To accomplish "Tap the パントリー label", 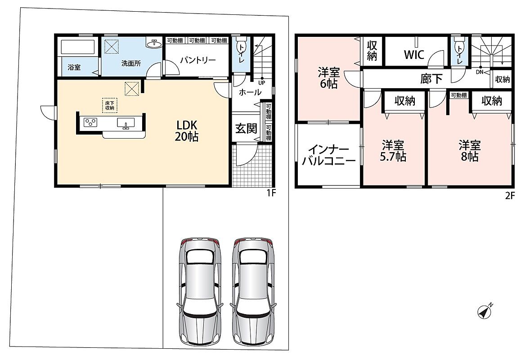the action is pyautogui.click(x=198, y=60).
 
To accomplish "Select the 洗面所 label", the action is pyautogui.click(x=131, y=63).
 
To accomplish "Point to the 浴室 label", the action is pyautogui.click(x=74, y=67).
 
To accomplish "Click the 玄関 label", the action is pyautogui.click(x=246, y=129).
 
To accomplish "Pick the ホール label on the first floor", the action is pyautogui.click(x=250, y=92).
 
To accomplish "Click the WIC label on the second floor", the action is pyautogui.click(x=414, y=54).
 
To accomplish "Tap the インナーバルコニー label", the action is pyautogui.click(x=328, y=155).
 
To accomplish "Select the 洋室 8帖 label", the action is pyautogui.click(x=469, y=151).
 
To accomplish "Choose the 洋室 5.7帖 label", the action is pyautogui.click(x=393, y=151).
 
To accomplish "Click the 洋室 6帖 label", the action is pyautogui.click(x=329, y=78).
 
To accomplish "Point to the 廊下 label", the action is pyautogui.click(x=431, y=79).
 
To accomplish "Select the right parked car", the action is pyautogui.click(x=253, y=291).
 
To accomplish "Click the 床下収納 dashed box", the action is pyautogui.click(x=109, y=105).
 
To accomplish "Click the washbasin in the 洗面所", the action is pyautogui.click(x=154, y=43).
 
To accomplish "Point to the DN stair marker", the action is pyautogui.click(x=480, y=72).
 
